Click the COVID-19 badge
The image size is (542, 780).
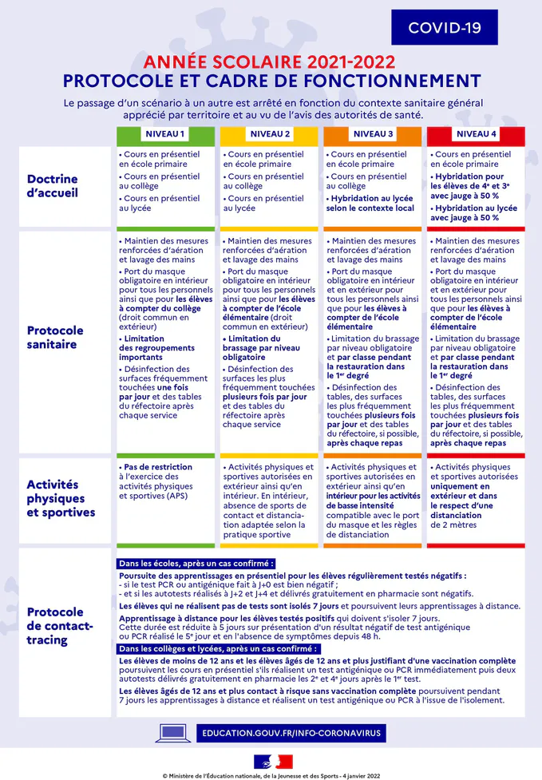pyautogui.click(x=444, y=28)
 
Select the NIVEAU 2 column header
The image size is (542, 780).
pyautogui.click(x=270, y=133)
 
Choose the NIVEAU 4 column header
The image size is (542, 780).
pyautogui.click(x=477, y=133)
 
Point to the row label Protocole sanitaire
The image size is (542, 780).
pyautogui.click(x=55, y=338)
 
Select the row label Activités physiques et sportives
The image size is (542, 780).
pyautogui.click(x=61, y=498)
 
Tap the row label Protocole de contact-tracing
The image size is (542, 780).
pyautogui.click(x=60, y=626)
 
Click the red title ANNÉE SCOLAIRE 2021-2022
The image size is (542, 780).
pyautogui.click(x=271, y=63)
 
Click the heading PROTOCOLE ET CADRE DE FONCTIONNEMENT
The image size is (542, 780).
pyautogui.click(x=271, y=81)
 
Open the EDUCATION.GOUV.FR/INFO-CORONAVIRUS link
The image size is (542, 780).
pyautogui.click(x=291, y=733)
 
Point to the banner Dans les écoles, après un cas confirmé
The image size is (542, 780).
pyautogui.click(x=196, y=563)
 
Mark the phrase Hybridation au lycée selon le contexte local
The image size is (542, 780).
pyautogui.click(x=370, y=203)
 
